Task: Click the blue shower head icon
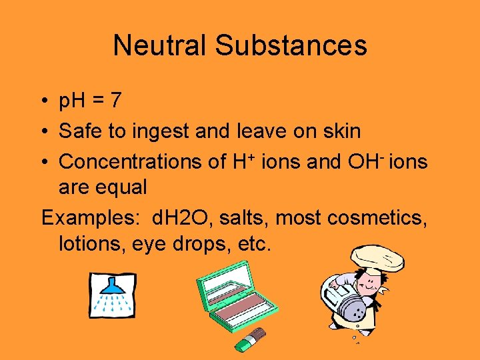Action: [112, 294]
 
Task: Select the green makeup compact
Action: [236, 301]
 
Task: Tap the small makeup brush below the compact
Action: [251, 339]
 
